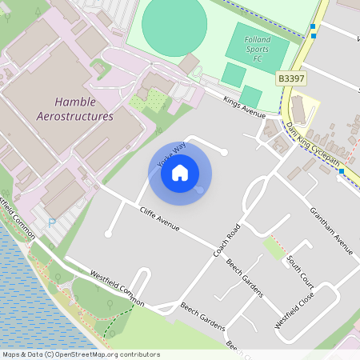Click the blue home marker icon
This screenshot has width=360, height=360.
pos(180,172)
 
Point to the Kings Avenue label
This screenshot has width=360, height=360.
pos(244,108)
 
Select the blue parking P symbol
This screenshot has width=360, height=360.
pos(53,223)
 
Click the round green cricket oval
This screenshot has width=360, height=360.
pos(174,24)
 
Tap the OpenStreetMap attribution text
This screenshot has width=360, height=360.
pos(81,354)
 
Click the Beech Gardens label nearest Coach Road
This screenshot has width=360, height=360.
pos(244,278)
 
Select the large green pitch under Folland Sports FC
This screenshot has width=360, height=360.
pos(257,48)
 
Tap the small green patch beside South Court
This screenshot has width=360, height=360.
pos(275,250)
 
